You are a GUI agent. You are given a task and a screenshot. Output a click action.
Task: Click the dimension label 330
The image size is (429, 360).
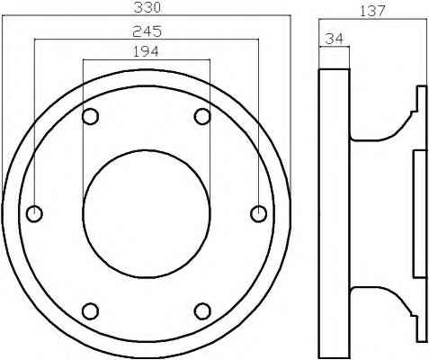(147, 7)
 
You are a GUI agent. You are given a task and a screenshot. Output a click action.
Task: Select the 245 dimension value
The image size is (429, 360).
(147, 31)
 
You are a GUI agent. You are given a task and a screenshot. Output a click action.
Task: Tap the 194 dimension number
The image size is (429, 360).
(146, 51)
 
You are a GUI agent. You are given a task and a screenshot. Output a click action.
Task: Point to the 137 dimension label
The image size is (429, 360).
(371, 11)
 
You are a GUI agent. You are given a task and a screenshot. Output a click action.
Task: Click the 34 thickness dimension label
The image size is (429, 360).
(334, 39)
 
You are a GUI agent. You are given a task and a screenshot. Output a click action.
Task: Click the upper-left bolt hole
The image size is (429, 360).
(90, 116)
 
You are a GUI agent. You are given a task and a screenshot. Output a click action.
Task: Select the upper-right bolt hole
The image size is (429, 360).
(202, 116)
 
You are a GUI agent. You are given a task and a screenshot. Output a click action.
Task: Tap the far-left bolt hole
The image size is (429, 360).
(34, 214)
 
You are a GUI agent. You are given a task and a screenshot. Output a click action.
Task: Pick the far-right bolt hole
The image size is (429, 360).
(258, 214)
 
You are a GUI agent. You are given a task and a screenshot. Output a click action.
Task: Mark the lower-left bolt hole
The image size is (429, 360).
(90, 311)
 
